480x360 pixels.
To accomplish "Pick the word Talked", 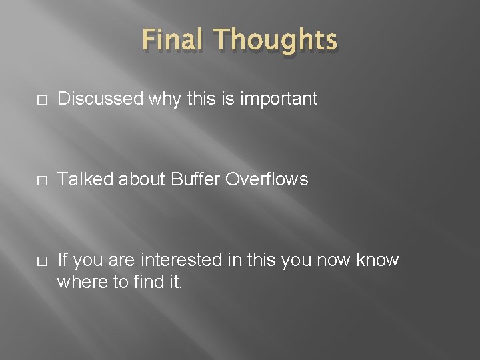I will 80,179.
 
